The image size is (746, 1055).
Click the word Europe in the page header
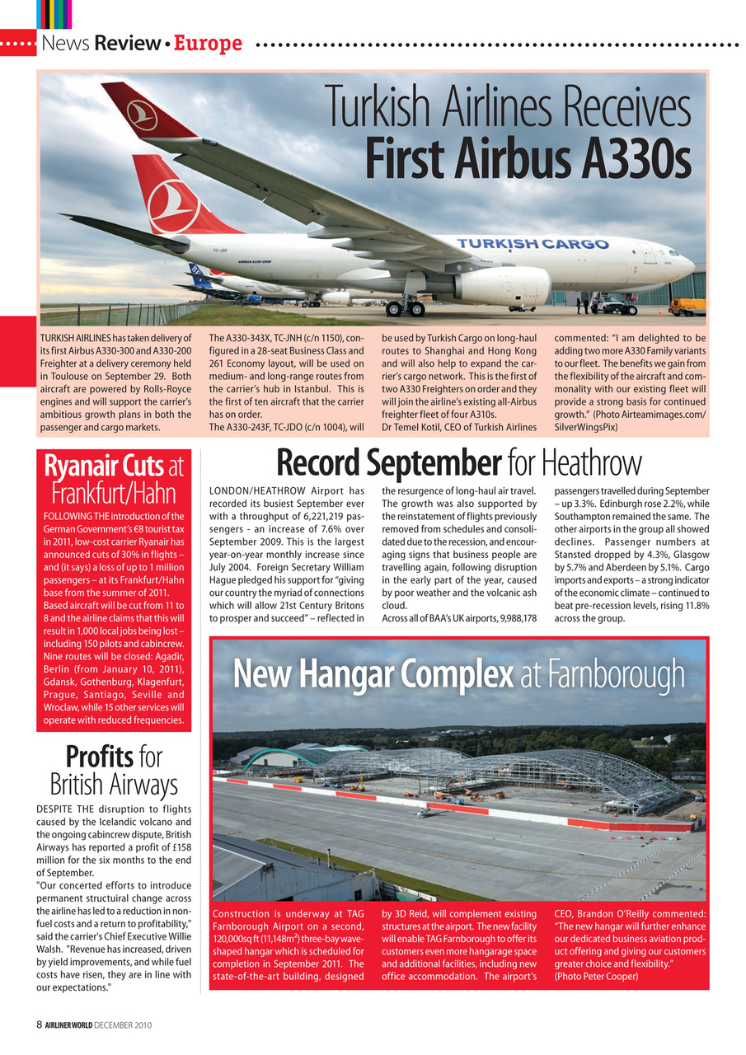click(209, 43)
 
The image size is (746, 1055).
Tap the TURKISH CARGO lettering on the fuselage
click(533, 244)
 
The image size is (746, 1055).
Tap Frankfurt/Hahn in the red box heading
click(114, 494)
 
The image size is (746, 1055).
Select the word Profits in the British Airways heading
click(101, 756)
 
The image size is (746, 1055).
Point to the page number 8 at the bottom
click(39, 1025)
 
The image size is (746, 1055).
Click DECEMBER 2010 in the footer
click(122, 1025)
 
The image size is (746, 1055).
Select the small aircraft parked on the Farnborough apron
click(426, 812)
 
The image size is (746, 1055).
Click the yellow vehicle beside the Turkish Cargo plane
click(687, 307)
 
